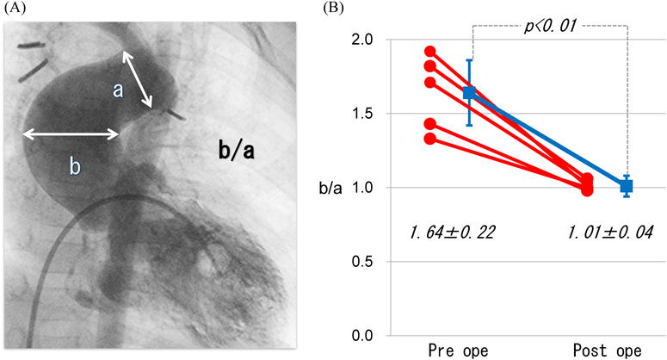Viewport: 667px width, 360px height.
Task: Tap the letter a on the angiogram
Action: tap(119, 89)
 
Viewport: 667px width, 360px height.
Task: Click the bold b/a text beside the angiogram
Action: tap(238, 152)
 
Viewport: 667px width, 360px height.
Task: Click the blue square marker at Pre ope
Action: tap(469, 93)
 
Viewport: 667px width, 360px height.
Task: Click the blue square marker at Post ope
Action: tap(627, 186)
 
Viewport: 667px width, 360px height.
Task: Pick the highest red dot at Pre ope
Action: tap(429, 52)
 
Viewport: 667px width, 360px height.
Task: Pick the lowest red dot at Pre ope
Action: tap(429, 139)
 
